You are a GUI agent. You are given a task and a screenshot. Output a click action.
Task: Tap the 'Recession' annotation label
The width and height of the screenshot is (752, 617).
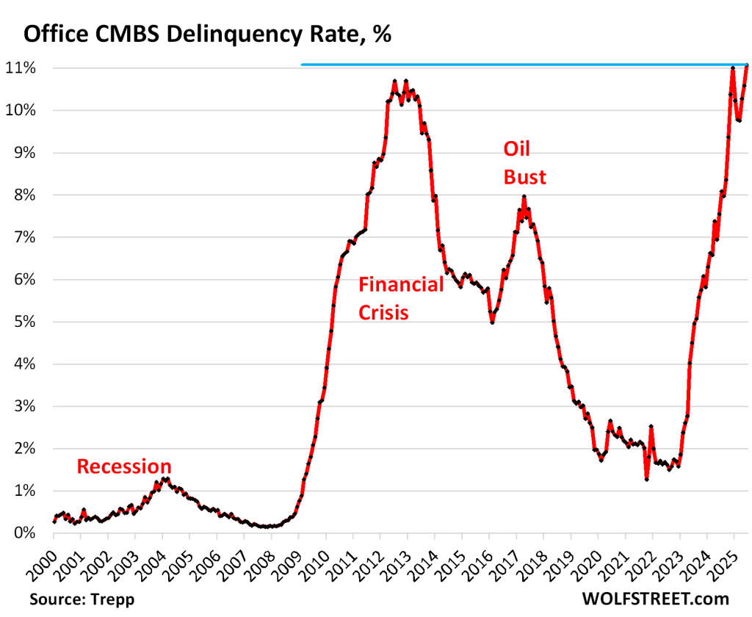[x=124, y=466]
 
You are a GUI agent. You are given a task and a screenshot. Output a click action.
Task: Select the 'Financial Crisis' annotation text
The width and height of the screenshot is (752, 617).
[x=401, y=298]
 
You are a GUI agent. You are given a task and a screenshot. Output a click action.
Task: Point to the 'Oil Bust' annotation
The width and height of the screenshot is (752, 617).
[x=524, y=163]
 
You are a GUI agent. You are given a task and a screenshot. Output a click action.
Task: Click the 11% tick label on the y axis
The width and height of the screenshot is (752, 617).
[x=29, y=68]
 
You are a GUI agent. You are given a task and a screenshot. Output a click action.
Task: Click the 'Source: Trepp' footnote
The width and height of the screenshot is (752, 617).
[x=82, y=599]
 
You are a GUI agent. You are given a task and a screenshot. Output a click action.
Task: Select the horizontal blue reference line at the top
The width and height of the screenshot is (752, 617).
[x=514, y=65]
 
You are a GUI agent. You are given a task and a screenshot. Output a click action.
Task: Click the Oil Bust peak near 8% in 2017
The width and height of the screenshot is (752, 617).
[x=524, y=196]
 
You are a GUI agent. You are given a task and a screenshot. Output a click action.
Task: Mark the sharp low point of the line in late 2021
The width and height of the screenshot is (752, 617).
[x=646, y=479]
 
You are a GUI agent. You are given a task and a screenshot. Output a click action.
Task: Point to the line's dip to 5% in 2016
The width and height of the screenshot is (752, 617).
[x=492, y=322]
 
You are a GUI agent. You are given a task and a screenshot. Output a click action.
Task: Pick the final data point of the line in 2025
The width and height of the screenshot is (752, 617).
[x=747, y=66]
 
